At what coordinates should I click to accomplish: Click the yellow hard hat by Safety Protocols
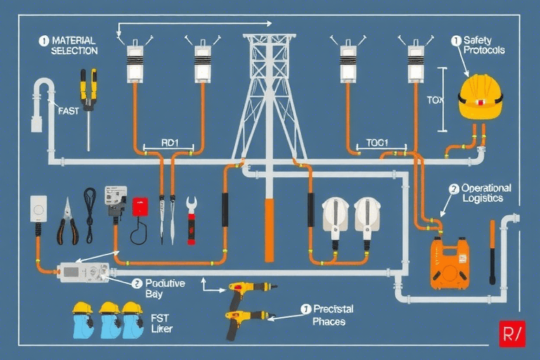[480, 97]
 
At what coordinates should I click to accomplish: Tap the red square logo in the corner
[511, 333]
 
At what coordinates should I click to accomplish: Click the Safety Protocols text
[483, 45]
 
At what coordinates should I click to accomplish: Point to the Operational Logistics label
[485, 193]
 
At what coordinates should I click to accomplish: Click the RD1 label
[170, 142]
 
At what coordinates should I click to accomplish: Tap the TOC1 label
[378, 142]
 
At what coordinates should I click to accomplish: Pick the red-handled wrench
[191, 220]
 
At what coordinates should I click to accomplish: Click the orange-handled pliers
[67, 221]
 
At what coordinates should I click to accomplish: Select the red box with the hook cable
[141, 207]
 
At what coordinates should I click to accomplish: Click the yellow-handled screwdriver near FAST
[88, 98]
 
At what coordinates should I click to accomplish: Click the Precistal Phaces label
[333, 314]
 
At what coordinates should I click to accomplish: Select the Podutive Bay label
[164, 288]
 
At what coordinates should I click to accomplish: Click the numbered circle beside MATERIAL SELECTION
[44, 41]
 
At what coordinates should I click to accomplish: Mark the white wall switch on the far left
[38, 209]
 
